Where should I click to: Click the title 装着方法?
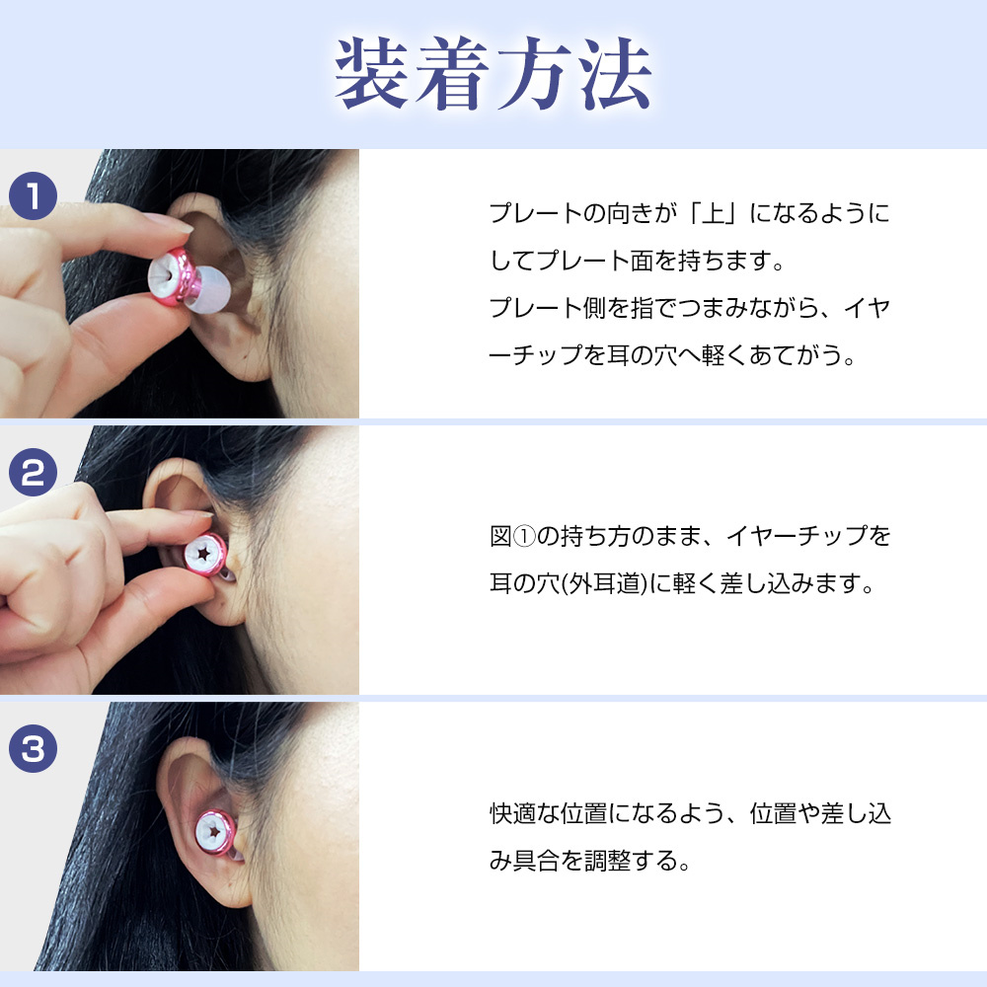[x=493, y=75]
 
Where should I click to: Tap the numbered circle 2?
[x=34, y=475]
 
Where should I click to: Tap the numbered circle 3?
[x=34, y=749]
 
